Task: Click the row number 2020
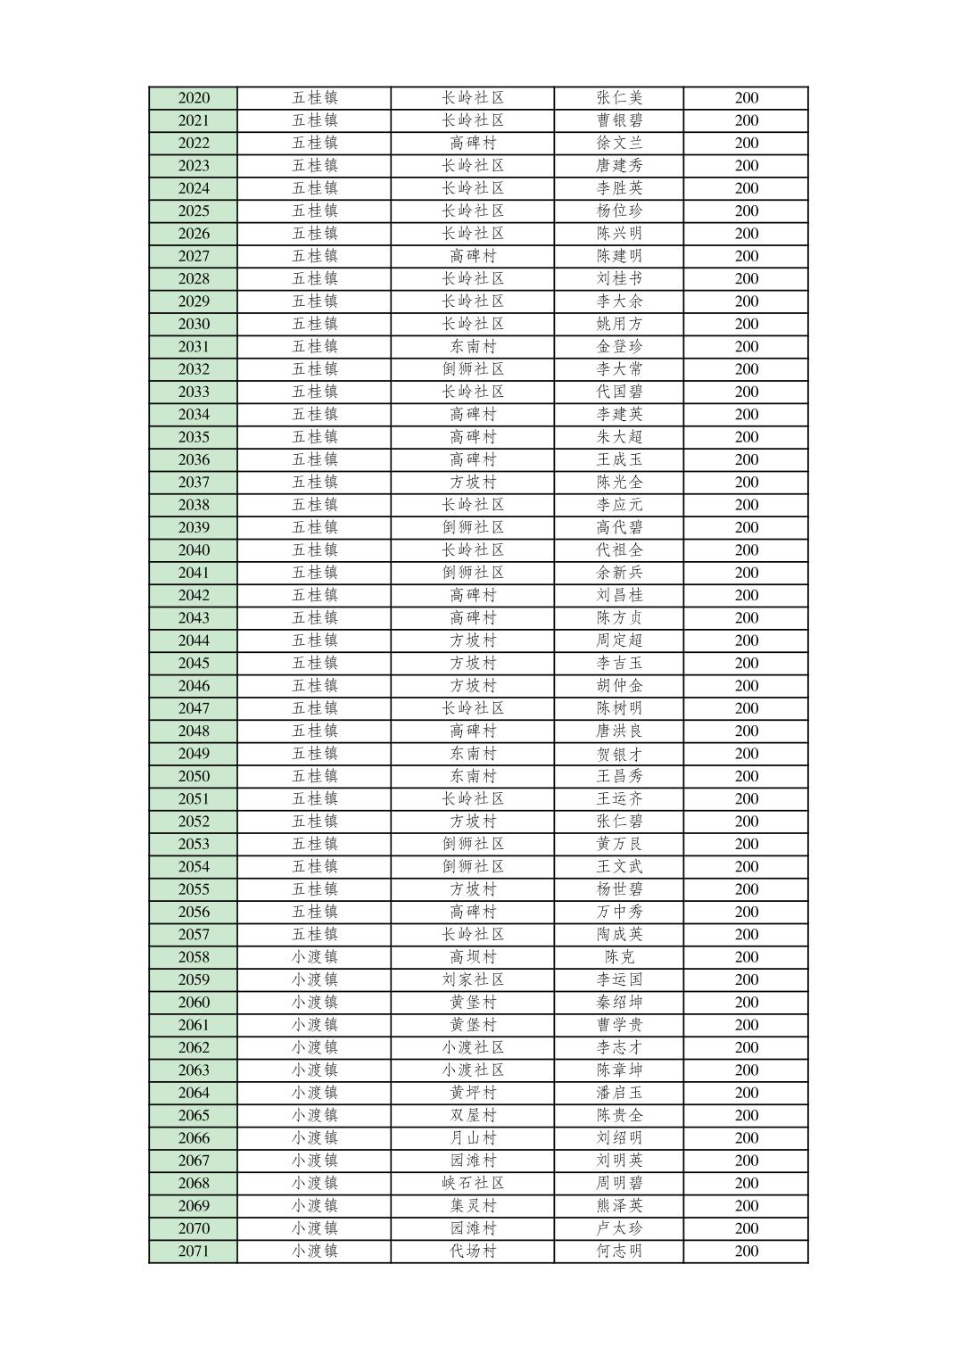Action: point(194,98)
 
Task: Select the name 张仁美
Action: point(619,98)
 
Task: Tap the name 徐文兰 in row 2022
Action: point(619,143)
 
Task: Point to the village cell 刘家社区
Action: point(473,979)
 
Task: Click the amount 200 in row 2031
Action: point(747,347)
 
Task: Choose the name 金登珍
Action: point(619,347)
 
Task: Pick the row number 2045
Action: point(194,663)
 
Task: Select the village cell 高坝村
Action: point(473,957)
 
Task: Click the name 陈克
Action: point(619,957)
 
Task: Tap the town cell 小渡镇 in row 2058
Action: point(314,957)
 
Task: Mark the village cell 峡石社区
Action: point(473,1183)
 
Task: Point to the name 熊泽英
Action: point(619,1206)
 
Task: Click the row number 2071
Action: point(194,1251)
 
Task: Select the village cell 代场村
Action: point(473,1251)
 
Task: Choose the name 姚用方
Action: point(619,324)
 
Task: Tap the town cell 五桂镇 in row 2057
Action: point(314,934)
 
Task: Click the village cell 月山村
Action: point(473,1138)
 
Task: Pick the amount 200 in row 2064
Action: point(747,1093)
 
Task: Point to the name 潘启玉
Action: point(619,1093)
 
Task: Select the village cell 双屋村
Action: point(473,1115)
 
